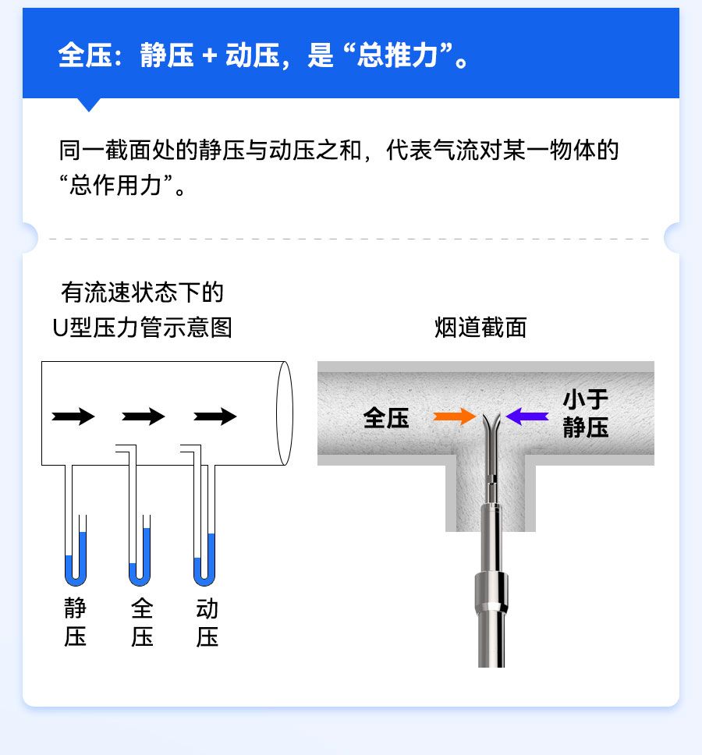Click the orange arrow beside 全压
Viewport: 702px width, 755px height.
coord(454,416)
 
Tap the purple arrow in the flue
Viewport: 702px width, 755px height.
coord(527,416)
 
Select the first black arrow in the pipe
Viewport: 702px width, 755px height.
coord(73,416)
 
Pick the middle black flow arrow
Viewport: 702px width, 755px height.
coord(144,416)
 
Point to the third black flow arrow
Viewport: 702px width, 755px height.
coord(215,416)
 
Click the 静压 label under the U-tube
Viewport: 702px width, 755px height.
coord(75,622)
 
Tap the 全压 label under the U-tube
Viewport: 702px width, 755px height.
coord(142,622)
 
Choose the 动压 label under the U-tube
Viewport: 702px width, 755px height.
coord(207,622)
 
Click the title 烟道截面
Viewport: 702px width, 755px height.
coord(480,328)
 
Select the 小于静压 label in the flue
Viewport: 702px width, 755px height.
coord(586,413)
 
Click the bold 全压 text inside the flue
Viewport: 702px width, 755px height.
coord(386,417)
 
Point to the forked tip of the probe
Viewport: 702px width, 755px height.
coord(491,423)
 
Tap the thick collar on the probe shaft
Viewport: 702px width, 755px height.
coord(491,592)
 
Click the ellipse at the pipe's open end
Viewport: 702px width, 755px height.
coord(285,413)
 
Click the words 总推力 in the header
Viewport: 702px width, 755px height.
coord(397,55)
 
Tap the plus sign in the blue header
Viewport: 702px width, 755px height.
coord(210,55)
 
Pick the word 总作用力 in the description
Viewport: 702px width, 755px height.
coord(115,186)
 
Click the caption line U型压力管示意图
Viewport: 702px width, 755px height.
coord(143,328)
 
